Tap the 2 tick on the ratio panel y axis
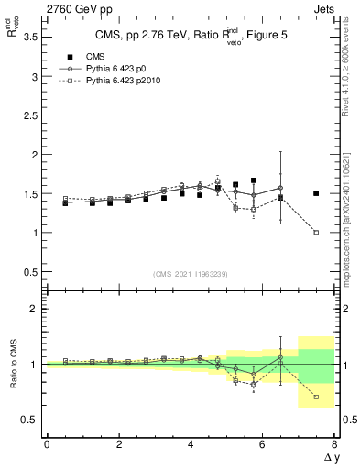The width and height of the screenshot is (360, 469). (x=34, y=309)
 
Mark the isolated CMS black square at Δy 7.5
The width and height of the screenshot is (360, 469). (x=316, y=193)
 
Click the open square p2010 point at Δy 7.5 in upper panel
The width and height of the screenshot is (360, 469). (x=316, y=233)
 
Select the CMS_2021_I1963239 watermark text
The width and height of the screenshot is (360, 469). (x=190, y=273)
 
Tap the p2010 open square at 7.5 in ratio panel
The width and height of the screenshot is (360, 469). (x=316, y=397)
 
